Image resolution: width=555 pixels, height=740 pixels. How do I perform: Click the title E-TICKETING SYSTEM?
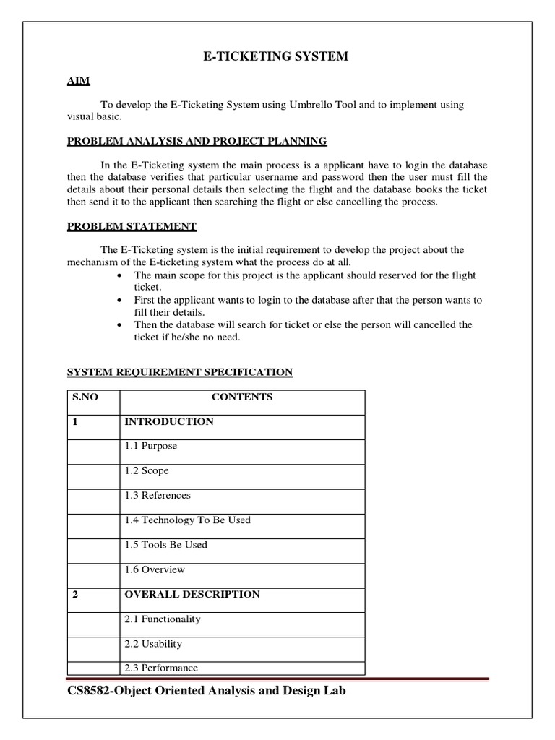pyautogui.click(x=277, y=56)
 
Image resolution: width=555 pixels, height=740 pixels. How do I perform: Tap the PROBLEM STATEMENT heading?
pyautogui.click(x=132, y=226)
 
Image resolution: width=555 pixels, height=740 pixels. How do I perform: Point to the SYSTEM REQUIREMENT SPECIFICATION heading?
pyautogui.click(x=180, y=372)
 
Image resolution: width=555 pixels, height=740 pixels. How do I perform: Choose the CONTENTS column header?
pyautogui.click(x=241, y=397)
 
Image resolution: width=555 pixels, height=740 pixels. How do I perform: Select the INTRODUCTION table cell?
pyautogui.click(x=169, y=421)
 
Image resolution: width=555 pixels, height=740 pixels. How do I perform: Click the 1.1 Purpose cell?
pyautogui.click(x=150, y=446)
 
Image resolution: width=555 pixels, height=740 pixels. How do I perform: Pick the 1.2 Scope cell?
pyautogui.click(x=147, y=470)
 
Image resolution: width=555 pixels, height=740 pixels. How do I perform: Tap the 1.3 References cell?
pyautogui.click(x=158, y=496)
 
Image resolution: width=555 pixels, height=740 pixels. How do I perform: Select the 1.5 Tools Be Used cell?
pyautogui.click(x=165, y=545)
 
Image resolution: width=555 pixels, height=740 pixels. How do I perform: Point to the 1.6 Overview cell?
pyautogui.click(x=155, y=569)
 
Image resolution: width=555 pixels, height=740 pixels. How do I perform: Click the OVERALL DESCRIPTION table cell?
pyautogui.click(x=192, y=594)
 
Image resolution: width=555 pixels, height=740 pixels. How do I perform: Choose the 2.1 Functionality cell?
pyautogui.click(x=163, y=619)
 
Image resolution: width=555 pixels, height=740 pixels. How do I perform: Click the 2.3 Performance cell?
pyautogui.click(x=161, y=668)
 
